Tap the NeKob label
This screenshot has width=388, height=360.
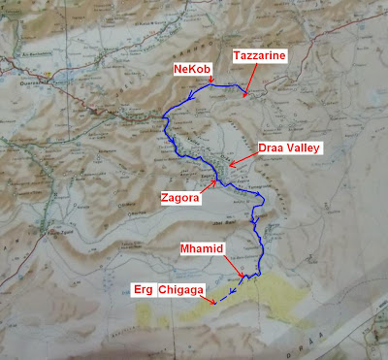pos(194,70)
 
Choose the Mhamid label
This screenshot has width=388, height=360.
pos(204,249)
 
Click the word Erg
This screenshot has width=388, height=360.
pos(142,288)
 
